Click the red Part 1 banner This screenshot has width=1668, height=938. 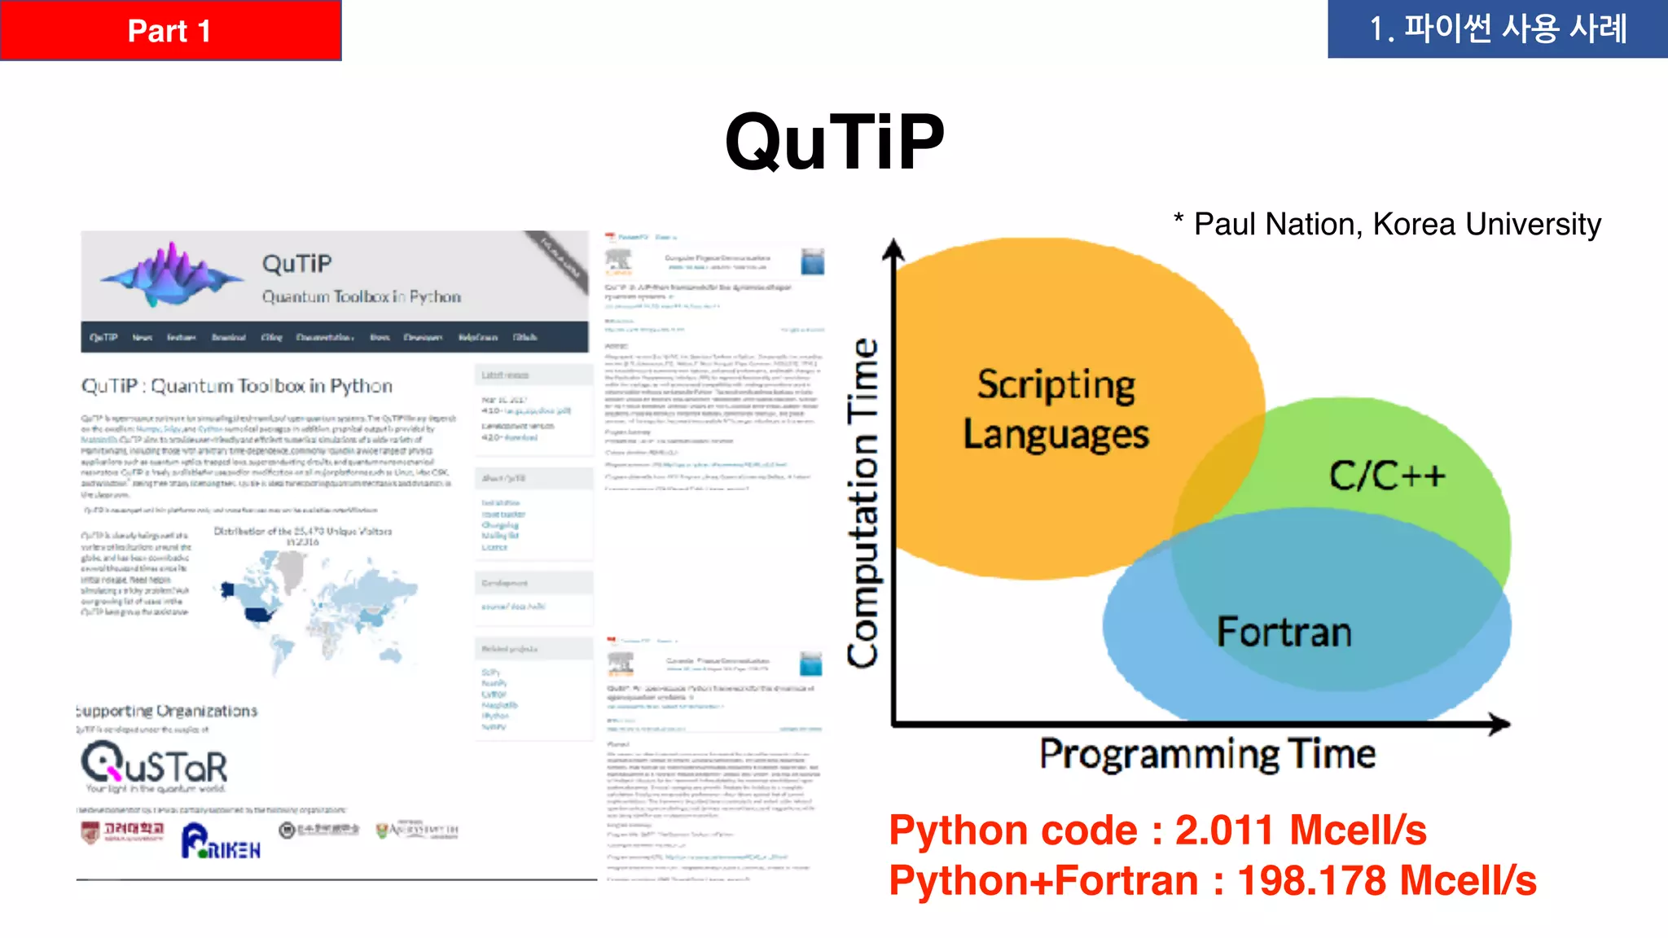click(x=170, y=30)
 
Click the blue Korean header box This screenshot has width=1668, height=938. click(x=1497, y=29)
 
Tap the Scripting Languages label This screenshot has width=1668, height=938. click(x=1056, y=410)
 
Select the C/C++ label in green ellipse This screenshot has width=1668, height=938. click(x=1387, y=476)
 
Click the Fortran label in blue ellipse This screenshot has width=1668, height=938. click(x=1284, y=632)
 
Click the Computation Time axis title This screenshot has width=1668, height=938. click(x=863, y=502)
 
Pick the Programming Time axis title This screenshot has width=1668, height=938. click(x=1207, y=754)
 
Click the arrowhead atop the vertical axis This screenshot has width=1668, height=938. click(x=893, y=248)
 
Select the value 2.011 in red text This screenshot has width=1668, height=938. click(x=1223, y=831)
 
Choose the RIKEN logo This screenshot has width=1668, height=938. click(x=221, y=842)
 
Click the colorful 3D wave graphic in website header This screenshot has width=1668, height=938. click(x=172, y=274)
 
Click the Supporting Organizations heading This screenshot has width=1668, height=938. click(x=167, y=711)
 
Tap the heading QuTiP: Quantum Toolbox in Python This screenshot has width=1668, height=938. click(x=237, y=386)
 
